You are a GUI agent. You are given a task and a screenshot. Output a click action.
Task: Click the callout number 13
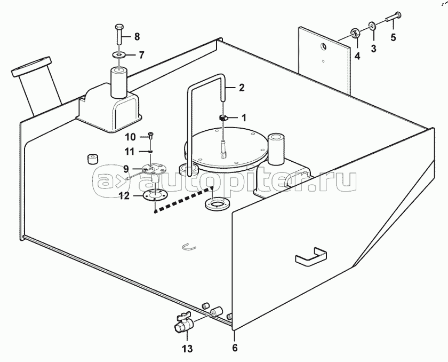click(187, 349)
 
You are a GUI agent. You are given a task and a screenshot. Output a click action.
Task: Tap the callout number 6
click(235, 348)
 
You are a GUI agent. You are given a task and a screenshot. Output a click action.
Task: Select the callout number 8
click(137, 37)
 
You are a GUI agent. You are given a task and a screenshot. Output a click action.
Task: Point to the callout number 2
click(242, 88)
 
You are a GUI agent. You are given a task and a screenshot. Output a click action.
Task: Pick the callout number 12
click(124, 196)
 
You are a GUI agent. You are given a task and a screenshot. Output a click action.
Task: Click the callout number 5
click(394, 37)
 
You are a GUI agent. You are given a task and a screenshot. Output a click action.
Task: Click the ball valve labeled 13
click(183, 324)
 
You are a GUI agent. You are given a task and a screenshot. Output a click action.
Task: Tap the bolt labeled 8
click(119, 34)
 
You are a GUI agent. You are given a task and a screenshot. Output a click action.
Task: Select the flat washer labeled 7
click(119, 54)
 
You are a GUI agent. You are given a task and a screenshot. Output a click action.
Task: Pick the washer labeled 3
click(372, 26)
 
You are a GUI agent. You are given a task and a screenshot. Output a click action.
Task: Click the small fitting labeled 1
click(223, 118)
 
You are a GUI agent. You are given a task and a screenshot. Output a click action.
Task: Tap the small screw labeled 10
click(150, 136)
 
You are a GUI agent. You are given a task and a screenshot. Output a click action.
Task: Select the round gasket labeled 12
click(154, 196)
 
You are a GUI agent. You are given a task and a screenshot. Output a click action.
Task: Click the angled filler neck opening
click(31, 67)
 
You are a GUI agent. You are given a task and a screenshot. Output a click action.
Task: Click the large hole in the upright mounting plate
click(323, 46)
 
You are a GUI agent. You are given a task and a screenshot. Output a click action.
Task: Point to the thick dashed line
click(183, 199)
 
